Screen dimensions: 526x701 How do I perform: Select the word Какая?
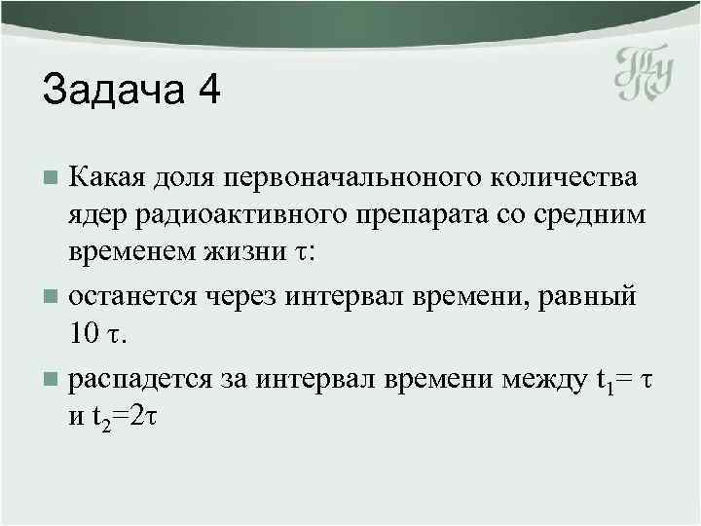pyautogui.click(x=106, y=179)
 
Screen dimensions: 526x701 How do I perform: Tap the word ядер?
pyautogui.click(x=96, y=215)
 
